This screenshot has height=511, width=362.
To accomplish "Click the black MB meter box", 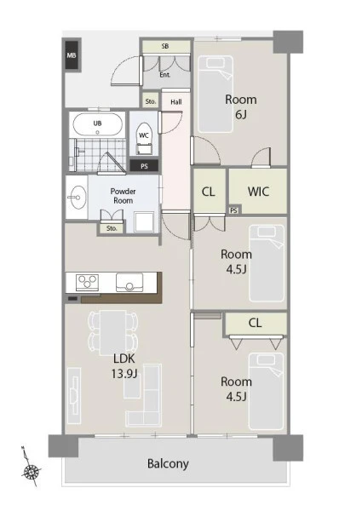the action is (x=72, y=55).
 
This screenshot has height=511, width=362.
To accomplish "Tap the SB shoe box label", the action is (x=165, y=46).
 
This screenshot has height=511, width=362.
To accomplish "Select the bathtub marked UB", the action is (x=97, y=124).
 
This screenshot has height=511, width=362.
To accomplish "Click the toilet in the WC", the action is (x=144, y=139).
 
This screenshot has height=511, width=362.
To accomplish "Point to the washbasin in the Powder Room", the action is (x=77, y=198).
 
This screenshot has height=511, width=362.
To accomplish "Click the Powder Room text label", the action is (x=123, y=196).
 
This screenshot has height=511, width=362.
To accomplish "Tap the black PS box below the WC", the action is (x=144, y=166).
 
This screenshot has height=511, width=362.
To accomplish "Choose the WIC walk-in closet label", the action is (x=258, y=192).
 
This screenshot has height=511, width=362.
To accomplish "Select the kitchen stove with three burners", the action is (x=87, y=282).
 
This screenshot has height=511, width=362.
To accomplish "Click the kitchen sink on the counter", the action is (x=129, y=283).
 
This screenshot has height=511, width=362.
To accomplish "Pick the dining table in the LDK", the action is (x=112, y=333).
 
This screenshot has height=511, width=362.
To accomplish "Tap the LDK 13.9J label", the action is (x=124, y=366).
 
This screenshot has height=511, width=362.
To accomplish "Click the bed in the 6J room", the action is (x=215, y=95).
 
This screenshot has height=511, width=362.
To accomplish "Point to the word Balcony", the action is (x=168, y=463).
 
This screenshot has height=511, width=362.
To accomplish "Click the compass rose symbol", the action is (x=31, y=471).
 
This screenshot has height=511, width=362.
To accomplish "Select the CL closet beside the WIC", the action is (x=209, y=192).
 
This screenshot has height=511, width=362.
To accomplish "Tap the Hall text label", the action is (x=176, y=102).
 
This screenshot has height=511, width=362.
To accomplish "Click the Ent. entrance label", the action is (x=165, y=75).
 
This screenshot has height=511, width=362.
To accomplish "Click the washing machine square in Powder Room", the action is (x=144, y=222).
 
